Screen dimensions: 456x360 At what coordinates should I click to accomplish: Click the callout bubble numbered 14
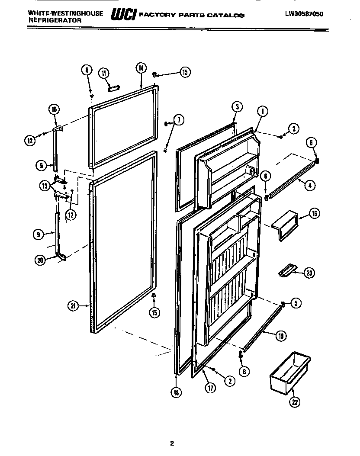(141, 67)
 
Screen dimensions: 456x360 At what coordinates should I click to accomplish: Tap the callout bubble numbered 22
(295, 402)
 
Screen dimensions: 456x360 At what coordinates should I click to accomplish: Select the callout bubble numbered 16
(315, 213)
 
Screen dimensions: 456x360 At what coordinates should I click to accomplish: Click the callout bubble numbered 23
(309, 273)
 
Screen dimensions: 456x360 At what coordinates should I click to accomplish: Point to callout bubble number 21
(73, 306)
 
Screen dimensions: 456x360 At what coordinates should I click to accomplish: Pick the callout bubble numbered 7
(178, 120)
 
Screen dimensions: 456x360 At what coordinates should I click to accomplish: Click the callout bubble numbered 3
(237, 106)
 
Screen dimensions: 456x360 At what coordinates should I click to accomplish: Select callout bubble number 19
(280, 335)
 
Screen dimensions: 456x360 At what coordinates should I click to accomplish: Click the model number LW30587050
(304, 14)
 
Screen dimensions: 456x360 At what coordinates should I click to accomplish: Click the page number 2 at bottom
(172, 443)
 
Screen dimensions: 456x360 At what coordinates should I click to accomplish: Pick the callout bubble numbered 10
(54, 110)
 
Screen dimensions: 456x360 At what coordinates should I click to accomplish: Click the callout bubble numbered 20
(41, 260)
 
